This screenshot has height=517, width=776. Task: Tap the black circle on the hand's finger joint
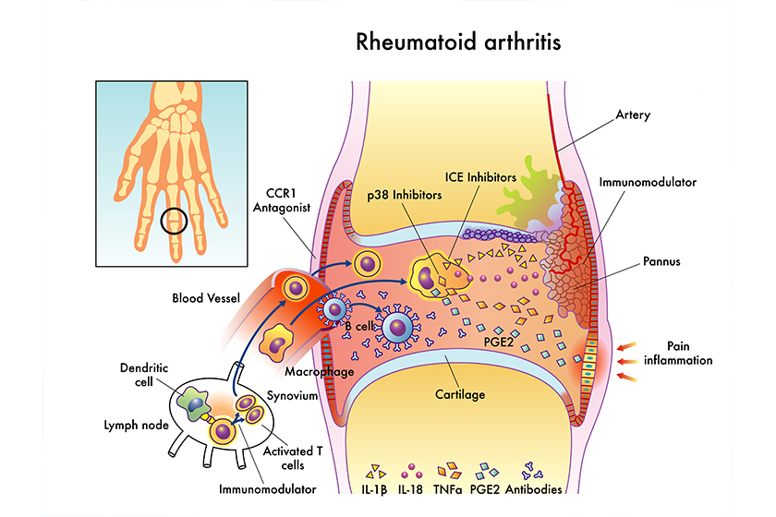[x=175, y=222]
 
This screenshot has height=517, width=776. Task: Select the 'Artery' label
[x=633, y=115]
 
